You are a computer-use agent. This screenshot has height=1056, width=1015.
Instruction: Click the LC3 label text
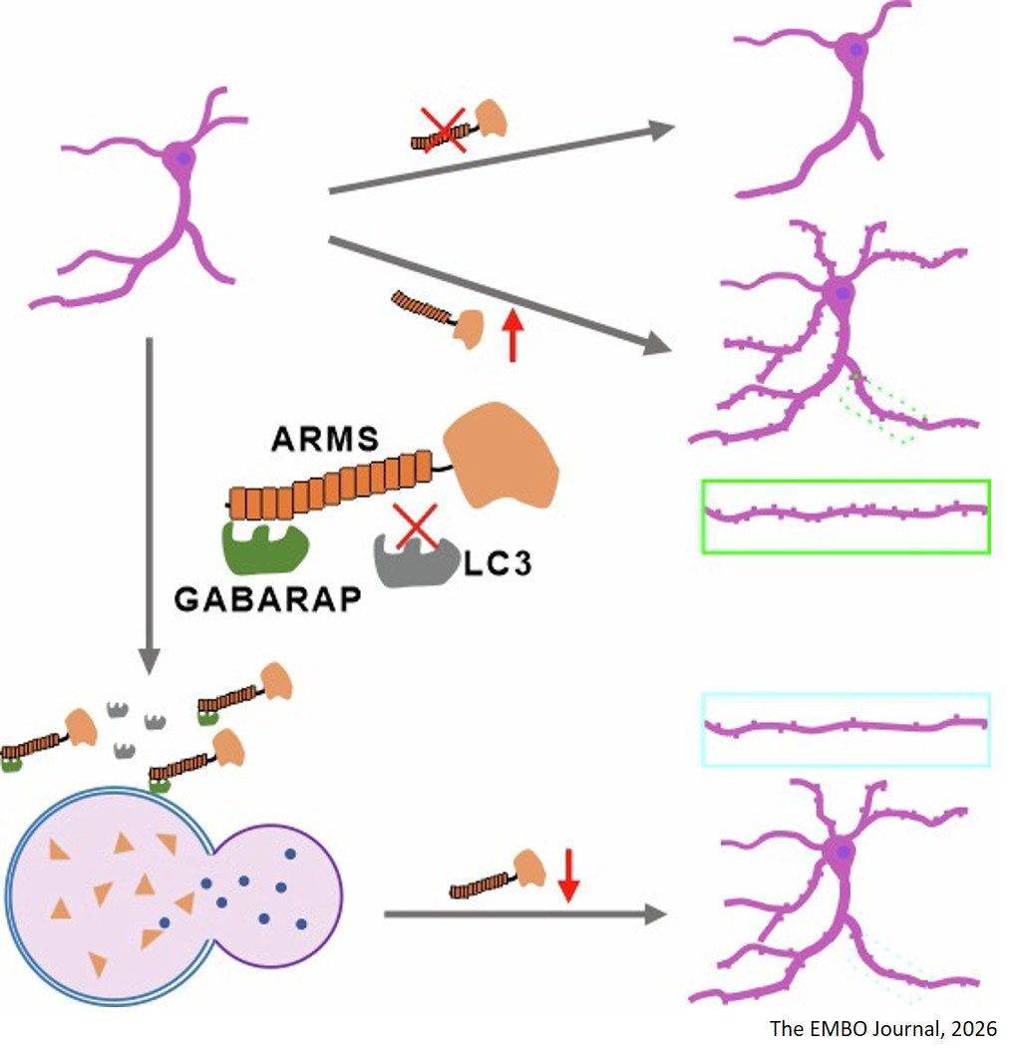[x=498, y=565]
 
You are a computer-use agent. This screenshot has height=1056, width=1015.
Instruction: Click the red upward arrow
[x=511, y=335]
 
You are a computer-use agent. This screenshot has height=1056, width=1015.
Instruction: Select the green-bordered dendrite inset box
[x=846, y=516]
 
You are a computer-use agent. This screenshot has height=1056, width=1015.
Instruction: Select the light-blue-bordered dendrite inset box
[x=846, y=729]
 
